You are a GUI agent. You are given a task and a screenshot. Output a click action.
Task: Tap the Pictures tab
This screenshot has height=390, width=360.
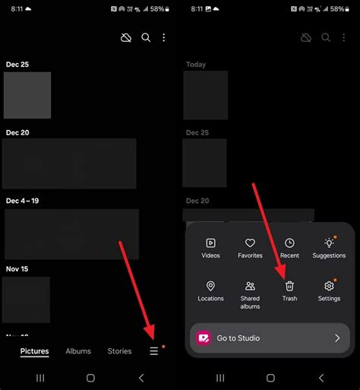click(x=34, y=351)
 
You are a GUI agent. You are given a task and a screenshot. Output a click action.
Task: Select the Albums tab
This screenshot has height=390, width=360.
click(x=78, y=351)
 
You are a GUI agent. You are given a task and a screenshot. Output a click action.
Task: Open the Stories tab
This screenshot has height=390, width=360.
click(x=119, y=351)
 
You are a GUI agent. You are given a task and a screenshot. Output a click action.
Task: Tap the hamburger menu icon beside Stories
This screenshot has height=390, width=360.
click(x=154, y=351)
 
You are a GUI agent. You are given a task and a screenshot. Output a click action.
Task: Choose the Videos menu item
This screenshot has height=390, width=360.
click(x=210, y=249)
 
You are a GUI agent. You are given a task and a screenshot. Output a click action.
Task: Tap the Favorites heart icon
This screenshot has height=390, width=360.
click(x=250, y=243)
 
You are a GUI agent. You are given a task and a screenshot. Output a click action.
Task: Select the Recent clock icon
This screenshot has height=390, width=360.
click(x=289, y=243)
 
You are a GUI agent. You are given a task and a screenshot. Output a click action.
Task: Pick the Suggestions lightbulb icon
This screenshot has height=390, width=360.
click(x=329, y=243)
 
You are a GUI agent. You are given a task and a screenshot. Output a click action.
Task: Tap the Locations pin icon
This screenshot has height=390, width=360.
click(x=210, y=286)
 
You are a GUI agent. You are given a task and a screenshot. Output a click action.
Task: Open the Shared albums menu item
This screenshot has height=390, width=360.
click(x=250, y=295)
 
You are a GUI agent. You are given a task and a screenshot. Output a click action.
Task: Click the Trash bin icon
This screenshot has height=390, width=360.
click(x=289, y=286)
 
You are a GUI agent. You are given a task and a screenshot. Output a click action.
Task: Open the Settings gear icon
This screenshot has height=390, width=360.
click(x=329, y=286)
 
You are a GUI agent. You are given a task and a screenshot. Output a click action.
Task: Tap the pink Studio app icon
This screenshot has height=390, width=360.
click(x=204, y=338)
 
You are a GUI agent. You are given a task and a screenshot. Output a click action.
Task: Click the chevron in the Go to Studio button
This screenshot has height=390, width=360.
click(x=337, y=338)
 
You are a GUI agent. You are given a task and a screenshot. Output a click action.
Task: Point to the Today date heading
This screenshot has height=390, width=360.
click(x=196, y=65)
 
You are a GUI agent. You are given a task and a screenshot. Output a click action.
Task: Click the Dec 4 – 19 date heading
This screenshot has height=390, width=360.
click(x=22, y=201)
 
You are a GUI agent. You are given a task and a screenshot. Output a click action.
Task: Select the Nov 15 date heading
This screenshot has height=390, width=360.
click(x=17, y=269)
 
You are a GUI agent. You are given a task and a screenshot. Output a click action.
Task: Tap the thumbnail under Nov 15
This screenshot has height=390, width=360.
click(x=26, y=300)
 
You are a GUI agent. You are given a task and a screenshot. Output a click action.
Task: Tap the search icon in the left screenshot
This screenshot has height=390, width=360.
click(x=146, y=38)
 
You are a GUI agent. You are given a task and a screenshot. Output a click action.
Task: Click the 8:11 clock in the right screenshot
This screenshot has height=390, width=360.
click(x=197, y=9)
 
